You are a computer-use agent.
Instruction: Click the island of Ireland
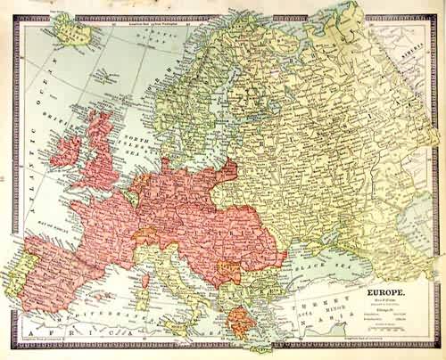click(x=67, y=150)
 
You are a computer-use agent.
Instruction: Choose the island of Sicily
click(x=178, y=323)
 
